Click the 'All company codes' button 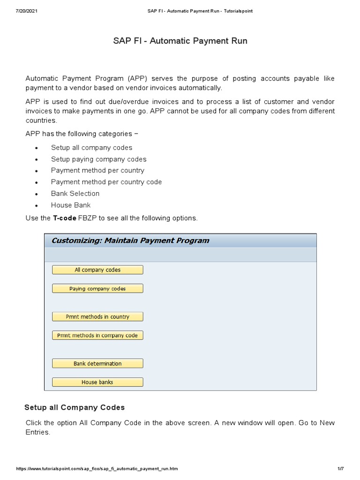[x=97, y=270]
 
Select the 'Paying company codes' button [x=97, y=289]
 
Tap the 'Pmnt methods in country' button [x=97, y=317]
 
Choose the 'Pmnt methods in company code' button [x=97, y=336]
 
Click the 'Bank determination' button [x=97, y=364]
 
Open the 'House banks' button [x=97, y=382]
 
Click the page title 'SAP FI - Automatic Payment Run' [x=180, y=41]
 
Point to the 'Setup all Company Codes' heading [x=75, y=407]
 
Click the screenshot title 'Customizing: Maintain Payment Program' [x=130, y=241]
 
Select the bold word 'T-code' [x=65, y=218]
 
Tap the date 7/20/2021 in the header [x=26, y=11]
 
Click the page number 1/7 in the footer [x=340, y=469]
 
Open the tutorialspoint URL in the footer [x=97, y=469]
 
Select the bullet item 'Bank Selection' [x=75, y=194]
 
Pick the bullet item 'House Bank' [x=71, y=205]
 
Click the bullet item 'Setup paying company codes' [x=98, y=159]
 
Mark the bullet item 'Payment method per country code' [x=106, y=182]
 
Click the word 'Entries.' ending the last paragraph [x=37, y=432]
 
